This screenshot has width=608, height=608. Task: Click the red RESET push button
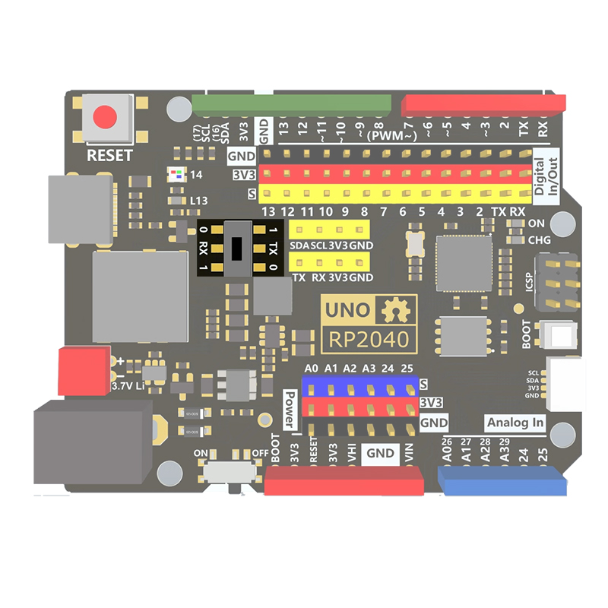[104, 116]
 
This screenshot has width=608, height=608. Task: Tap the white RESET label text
[109, 156]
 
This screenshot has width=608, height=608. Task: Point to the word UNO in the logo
[347, 310]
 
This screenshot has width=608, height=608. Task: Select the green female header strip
[292, 104]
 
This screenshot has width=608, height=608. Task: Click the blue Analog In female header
[502, 480]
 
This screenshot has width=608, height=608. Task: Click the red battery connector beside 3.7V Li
[84, 370]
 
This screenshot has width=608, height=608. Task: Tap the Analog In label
[515, 423]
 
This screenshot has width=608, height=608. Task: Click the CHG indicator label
[539, 240]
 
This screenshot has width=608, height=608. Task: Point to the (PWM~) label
[391, 136]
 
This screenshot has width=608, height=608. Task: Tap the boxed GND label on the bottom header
[380, 454]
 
